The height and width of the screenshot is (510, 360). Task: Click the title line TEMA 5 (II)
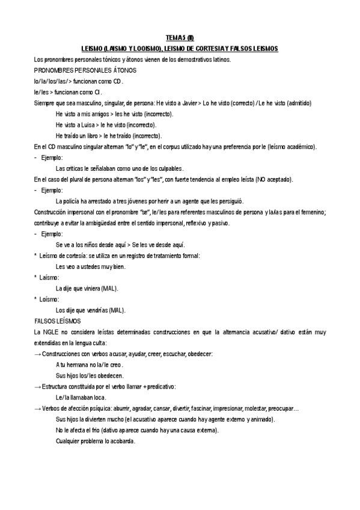(179, 37)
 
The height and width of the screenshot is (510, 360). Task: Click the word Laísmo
(49, 277)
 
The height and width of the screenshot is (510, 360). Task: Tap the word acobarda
(121, 440)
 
